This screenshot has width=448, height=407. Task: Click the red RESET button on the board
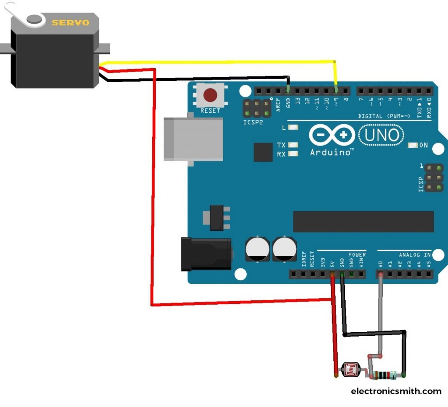tap(210, 95)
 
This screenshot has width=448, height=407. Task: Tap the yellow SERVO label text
tap(70, 23)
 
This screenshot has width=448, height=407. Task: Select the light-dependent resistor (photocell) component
tap(351, 369)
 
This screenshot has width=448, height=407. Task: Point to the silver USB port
tap(193, 139)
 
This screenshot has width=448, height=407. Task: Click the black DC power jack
tap(206, 254)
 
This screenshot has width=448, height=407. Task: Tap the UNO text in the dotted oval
tap(381, 135)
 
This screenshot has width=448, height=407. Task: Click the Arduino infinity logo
tap(332, 135)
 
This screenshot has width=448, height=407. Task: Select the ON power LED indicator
tap(413, 145)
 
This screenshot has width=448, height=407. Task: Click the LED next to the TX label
tap(293, 145)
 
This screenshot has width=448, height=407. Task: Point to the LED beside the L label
tap(293, 127)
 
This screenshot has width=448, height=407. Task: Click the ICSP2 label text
tap(253, 122)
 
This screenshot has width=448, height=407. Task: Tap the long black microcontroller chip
tap(364, 222)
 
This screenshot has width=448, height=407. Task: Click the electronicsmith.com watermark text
tap(396, 391)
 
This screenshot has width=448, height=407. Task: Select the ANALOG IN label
tap(415, 254)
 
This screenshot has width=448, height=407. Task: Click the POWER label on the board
tap(357, 254)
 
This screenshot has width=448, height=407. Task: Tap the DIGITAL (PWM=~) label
tap(384, 116)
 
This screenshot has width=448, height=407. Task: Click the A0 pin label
tap(381, 264)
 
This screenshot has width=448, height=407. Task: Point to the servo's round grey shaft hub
tap(35, 19)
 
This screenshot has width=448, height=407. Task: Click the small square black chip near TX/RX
tap(263, 152)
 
